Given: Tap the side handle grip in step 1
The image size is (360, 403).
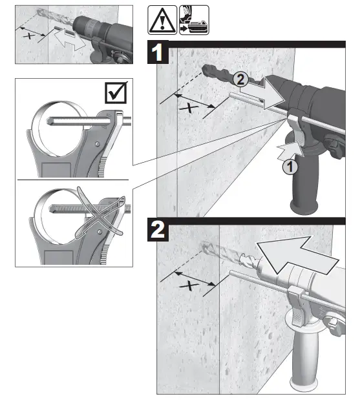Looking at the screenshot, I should point(308,187).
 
